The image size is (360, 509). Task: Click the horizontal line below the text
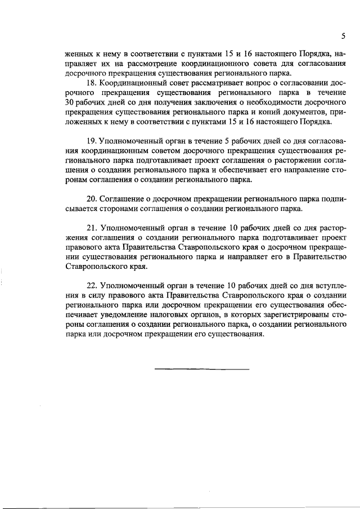pos(201,369)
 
